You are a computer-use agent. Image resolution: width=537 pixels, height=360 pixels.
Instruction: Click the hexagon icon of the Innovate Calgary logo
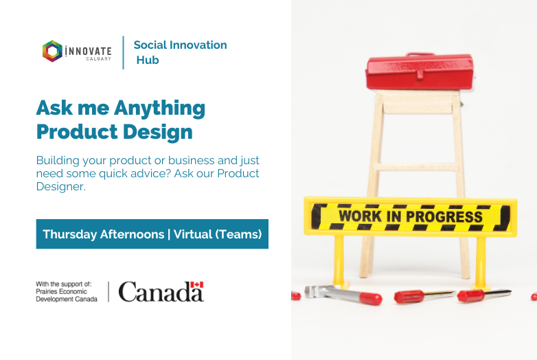[52, 51]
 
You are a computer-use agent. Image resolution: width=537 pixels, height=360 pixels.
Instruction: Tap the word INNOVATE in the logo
[88, 52]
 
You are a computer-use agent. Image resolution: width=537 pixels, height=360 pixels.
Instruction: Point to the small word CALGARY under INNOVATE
[99, 59]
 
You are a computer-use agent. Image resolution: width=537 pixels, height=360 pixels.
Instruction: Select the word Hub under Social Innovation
[148, 60]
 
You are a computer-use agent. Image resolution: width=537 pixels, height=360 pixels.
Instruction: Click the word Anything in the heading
[159, 109]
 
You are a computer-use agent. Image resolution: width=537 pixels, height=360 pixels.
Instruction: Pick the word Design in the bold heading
[157, 133]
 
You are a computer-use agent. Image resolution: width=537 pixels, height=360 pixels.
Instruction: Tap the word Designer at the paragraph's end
[60, 186]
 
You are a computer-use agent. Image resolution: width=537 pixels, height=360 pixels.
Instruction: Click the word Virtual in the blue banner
[193, 234]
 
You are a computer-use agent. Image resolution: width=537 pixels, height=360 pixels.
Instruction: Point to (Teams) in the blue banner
[238, 234]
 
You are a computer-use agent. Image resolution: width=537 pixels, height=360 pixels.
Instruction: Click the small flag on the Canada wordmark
[197, 284]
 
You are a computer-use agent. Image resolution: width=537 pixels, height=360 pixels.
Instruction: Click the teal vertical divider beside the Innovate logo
[124, 52]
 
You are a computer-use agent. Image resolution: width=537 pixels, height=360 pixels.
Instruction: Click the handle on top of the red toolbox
[420, 54]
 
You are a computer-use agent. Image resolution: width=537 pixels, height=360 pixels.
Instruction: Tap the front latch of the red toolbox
[420, 74]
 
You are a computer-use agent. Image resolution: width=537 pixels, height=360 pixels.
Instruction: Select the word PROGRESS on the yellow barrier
[444, 216]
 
